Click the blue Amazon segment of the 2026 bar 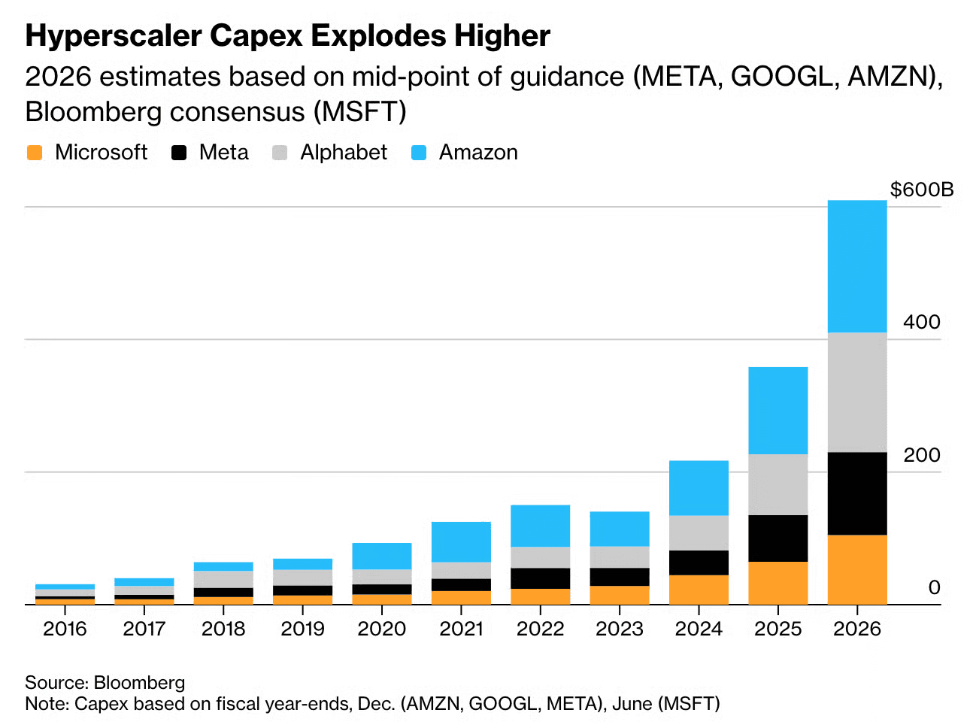(x=856, y=266)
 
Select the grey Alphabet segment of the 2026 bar (x=856, y=392)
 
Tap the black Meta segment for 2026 (x=856, y=493)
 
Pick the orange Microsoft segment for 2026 (x=856, y=569)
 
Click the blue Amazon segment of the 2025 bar (x=777, y=410)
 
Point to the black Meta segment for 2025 (x=777, y=538)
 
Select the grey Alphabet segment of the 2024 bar (x=699, y=532)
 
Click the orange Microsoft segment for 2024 (x=699, y=590)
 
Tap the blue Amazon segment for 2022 (x=540, y=526)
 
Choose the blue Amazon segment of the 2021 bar (x=461, y=541)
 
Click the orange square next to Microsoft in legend (x=35, y=153)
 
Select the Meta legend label (x=223, y=153)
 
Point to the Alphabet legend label (x=344, y=153)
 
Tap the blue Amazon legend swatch (x=419, y=153)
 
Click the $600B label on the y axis (x=921, y=190)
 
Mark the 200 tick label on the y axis (x=921, y=455)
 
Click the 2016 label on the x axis (x=65, y=629)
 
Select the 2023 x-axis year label (x=619, y=629)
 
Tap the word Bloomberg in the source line (x=139, y=682)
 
